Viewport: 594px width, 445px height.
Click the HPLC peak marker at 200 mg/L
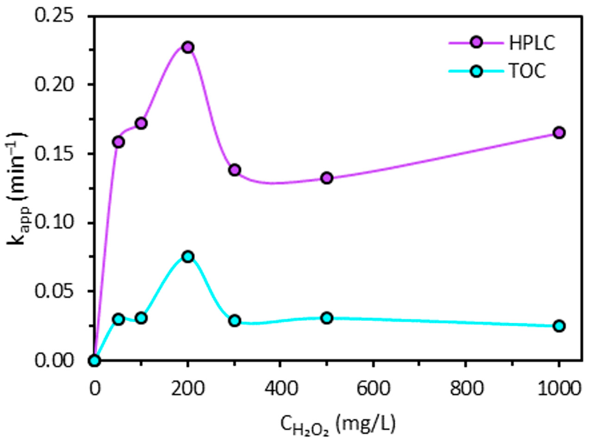188,47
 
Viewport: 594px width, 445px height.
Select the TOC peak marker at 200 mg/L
188,257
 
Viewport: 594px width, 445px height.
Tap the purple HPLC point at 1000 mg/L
559,133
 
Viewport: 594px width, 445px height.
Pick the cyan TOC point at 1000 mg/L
559,326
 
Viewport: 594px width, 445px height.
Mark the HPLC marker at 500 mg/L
327,178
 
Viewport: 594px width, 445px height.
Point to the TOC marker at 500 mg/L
327,318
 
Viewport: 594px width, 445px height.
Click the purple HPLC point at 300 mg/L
234,170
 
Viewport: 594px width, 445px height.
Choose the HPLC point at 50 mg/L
119,142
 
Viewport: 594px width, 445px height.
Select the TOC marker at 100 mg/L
141,318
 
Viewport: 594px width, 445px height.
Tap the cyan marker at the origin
94,361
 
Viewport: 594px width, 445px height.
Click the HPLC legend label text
532,43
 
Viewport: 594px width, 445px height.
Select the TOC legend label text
527,71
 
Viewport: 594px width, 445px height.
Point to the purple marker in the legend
476,43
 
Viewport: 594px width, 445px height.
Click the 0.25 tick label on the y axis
54,15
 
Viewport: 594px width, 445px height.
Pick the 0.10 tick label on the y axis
54,223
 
